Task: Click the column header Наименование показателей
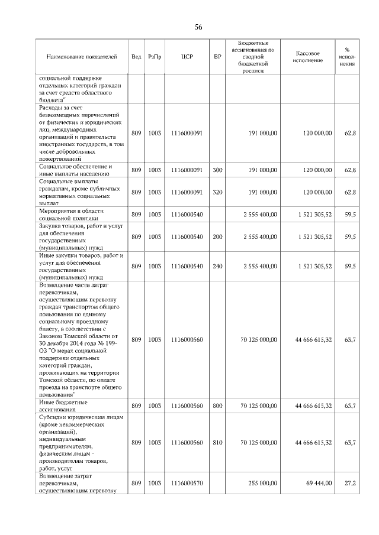pos(82,57)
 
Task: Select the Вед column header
pos(136,57)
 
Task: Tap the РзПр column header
pos(155,57)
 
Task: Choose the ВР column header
pos(217,57)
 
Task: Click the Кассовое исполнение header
pos(307,57)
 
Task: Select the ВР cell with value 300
pos(217,170)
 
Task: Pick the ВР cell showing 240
pos(217,266)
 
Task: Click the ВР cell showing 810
pos(217,442)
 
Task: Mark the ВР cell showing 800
pos(217,406)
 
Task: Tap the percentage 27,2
pos(350,483)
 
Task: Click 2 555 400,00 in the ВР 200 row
pos(256,236)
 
